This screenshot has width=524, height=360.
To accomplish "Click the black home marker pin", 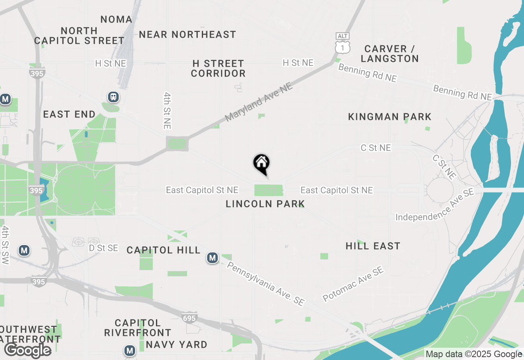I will pyautogui.click(x=262, y=164).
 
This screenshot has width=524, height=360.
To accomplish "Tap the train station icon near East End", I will pyautogui.click(x=113, y=97).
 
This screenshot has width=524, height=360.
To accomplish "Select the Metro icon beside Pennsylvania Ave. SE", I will pyautogui.click(x=212, y=258).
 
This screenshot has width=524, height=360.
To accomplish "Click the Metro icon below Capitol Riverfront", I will pyautogui.click(x=130, y=351).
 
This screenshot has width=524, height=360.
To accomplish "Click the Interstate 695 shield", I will pyautogui.click(x=190, y=317).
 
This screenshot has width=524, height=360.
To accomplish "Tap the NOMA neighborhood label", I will pyautogui.click(x=116, y=19).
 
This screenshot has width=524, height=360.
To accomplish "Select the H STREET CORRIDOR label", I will pyautogui.click(x=218, y=69).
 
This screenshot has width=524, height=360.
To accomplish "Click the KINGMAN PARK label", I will pyautogui.click(x=390, y=117).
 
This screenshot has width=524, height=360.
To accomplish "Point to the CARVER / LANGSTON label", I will pyautogui.click(x=390, y=54).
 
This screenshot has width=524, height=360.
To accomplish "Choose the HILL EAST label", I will pyautogui.click(x=373, y=246).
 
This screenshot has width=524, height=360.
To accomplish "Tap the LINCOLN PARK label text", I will pyautogui.click(x=265, y=204).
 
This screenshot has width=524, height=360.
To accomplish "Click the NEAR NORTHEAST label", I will pyautogui.click(x=187, y=35).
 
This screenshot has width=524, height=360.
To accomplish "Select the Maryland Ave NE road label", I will pyautogui.click(x=259, y=102).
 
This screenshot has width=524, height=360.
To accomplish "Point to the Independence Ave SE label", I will pyautogui.click(x=435, y=205).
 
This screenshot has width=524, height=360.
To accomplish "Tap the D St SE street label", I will pyautogui.click(x=104, y=248).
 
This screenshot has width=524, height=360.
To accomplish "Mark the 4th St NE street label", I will pyautogui.click(x=167, y=110).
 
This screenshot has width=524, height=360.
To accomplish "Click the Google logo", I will pyautogui.click(x=27, y=350).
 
